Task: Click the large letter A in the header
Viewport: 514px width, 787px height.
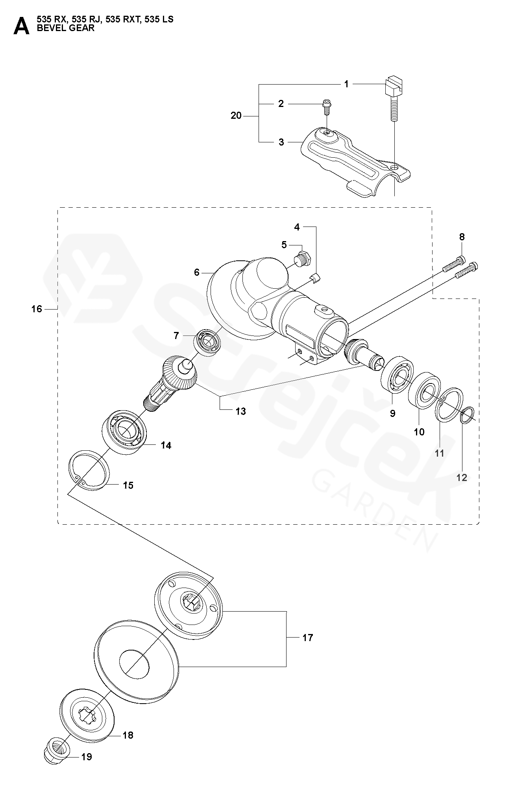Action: tap(21, 26)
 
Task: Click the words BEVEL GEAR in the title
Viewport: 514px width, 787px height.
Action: tap(65, 28)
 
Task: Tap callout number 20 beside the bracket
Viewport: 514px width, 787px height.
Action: tap(236, 116)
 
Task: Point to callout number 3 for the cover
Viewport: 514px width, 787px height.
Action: tap(281, 142)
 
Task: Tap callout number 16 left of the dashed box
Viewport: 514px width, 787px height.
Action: tap(37, 309)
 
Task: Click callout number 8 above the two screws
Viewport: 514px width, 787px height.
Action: tap(462, 237)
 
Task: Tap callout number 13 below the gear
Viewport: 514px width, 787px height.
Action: tap(240, 411)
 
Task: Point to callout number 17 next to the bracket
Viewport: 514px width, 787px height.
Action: tap(307, 638)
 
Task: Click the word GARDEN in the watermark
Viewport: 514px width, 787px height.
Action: tap(375, 510)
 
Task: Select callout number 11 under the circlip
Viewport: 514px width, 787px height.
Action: tap(440, 453)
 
